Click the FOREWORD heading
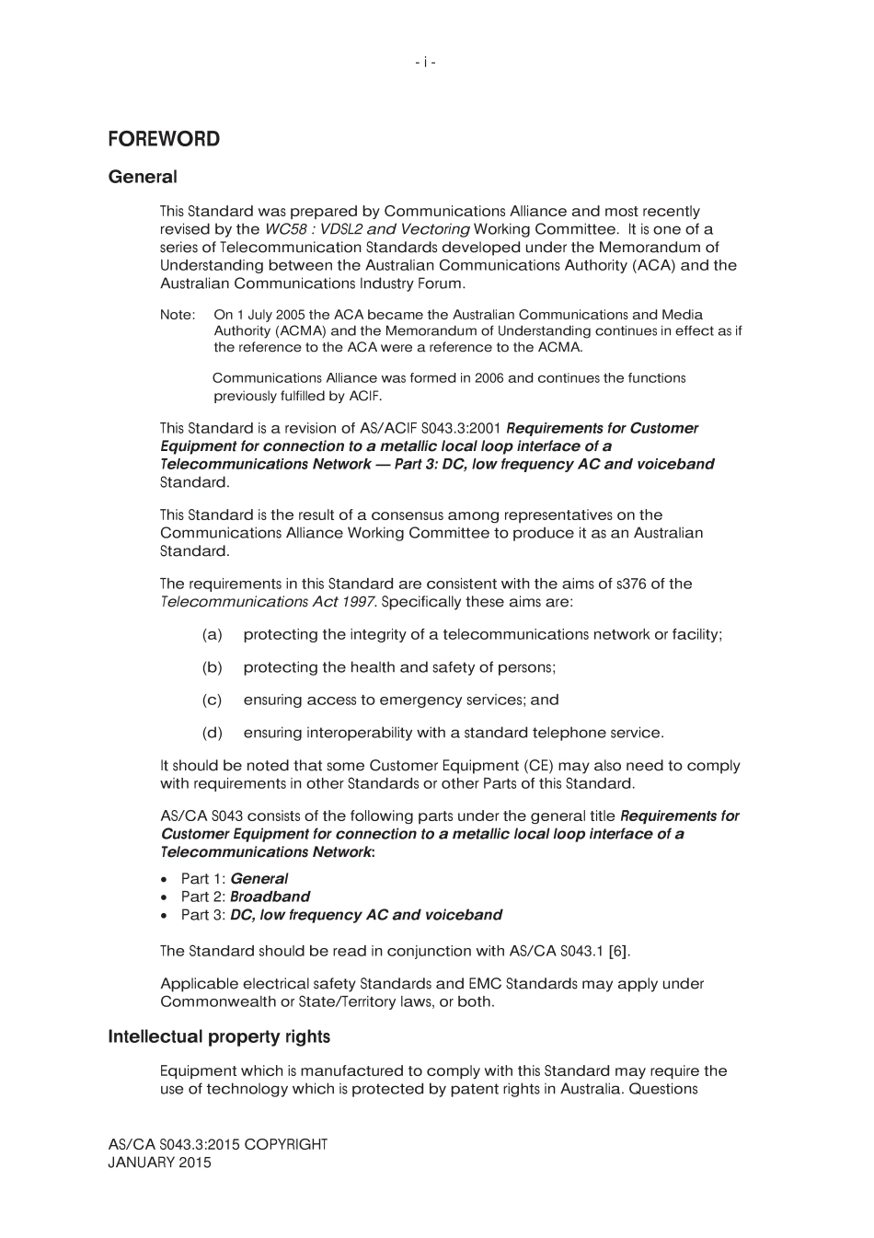pos(164,139)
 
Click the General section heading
pos(142,177)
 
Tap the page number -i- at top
pos(425,62)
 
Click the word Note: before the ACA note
pos(177,315)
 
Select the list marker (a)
pos(212,635)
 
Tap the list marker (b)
pos(212,667)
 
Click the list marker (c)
pos(212,700)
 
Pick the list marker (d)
pos(212,733)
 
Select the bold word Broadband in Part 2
pos(270,897)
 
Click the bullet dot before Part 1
pos(164,880)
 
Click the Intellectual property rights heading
pos(219,1037)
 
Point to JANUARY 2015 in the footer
pos(159,1163)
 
